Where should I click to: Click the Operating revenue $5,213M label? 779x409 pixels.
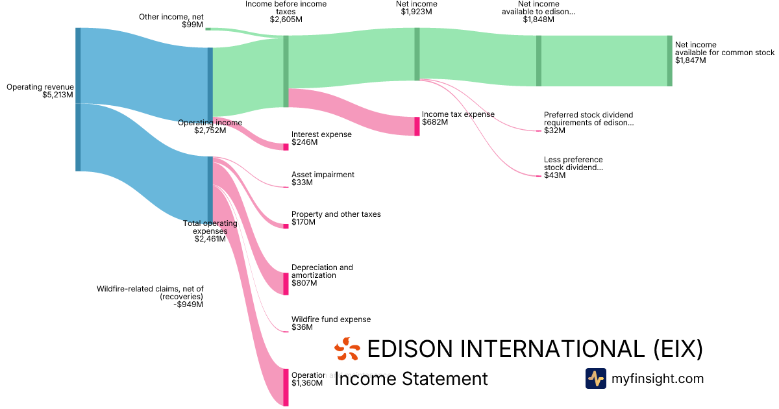coord(40,91)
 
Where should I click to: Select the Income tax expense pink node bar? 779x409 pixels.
coord(417,126)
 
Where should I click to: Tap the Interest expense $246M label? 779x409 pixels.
coord(321,138)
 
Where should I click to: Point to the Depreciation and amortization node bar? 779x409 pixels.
coord(286,284)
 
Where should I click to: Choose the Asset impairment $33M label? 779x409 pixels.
coord(323,179)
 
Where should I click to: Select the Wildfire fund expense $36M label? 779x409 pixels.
coord(330,323)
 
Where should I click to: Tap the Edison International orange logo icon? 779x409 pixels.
coord(347,349)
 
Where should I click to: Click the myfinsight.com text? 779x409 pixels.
coord(658,378)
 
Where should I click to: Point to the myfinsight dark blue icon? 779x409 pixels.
coord(595,378)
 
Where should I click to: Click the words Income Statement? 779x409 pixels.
coord(411,379)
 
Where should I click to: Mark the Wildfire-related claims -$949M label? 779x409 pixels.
coord(150,297)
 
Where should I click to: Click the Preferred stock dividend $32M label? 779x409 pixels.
coord(587,123)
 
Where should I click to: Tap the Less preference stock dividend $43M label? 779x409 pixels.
coord(573,167)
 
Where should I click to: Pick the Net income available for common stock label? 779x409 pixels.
coord(724,53)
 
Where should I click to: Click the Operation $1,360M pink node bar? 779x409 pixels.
coord(286,387)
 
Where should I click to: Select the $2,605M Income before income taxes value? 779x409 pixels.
coord(286,19)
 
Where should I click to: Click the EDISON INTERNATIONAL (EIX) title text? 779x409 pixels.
coord(535,349)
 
